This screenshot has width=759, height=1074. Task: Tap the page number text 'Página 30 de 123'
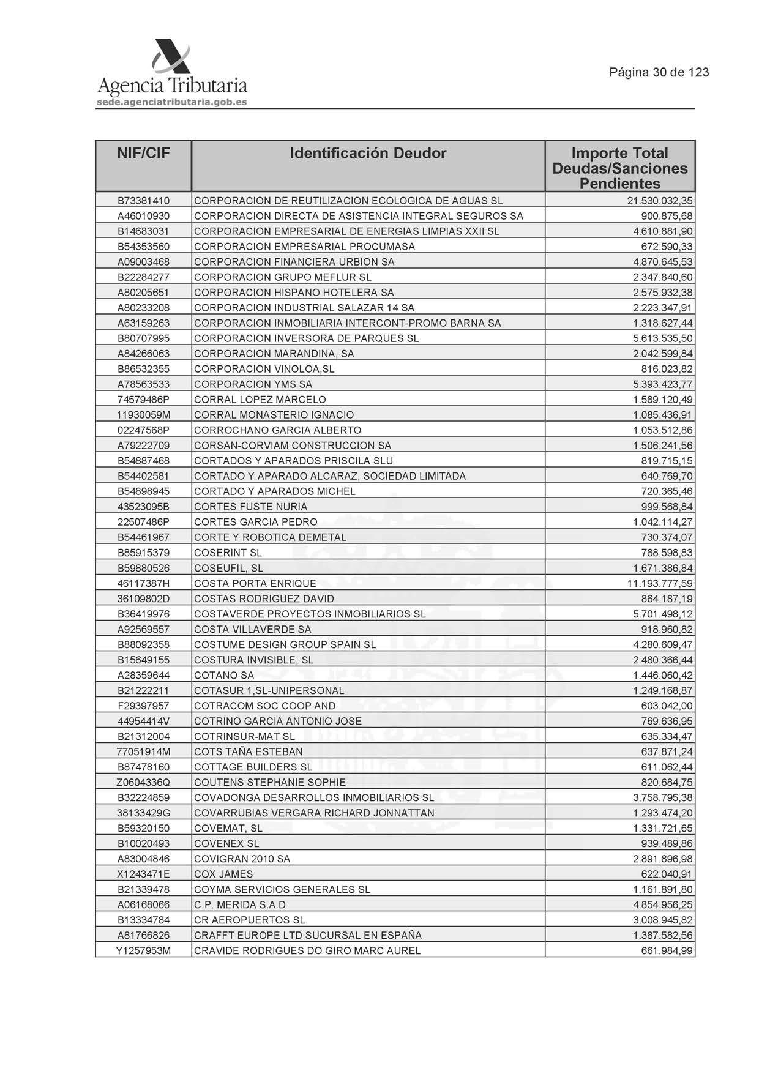tap(659, 73)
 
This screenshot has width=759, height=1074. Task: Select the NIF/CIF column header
tap(143, 154)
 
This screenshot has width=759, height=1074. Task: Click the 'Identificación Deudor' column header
tap(368, 154)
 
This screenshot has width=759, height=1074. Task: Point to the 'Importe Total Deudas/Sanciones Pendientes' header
tap(619, 168)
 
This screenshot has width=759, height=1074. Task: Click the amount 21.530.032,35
tap(660, 201)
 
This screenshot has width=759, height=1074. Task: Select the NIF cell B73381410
tap(143, 201)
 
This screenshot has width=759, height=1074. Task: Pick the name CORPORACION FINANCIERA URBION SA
tap(294, 262)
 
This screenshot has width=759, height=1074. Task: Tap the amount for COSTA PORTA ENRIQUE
tap(660, 583)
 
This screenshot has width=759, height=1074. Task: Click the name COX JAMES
tap(223, 874)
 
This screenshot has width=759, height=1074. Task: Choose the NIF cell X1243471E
tap(143, 874)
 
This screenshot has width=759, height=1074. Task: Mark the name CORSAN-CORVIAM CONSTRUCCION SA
tap(292, 446)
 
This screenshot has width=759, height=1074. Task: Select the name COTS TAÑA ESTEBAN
tap(248, 751)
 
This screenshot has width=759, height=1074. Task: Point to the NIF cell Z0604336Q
tap(143, 782)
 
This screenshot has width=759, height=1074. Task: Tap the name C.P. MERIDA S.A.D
tap(239, 904)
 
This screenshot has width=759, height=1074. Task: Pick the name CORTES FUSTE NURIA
tap(250, 507)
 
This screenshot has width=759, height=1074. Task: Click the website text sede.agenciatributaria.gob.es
tap(172, 102)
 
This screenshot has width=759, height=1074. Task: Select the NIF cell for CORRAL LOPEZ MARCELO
tap(143, 400)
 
